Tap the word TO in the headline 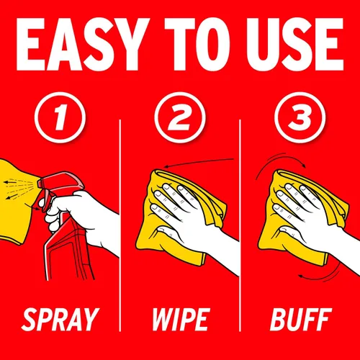[197, 45]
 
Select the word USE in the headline [296, 45]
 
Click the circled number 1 [60, 117]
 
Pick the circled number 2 [180, 117]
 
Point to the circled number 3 [300, 117]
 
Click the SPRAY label [60, 320]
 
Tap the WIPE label [181, 320]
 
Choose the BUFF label [301, 320]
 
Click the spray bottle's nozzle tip [39, 184]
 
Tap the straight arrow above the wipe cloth [199, 162]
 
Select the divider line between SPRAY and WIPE [120, 225]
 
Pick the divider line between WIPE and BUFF [240, 225]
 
